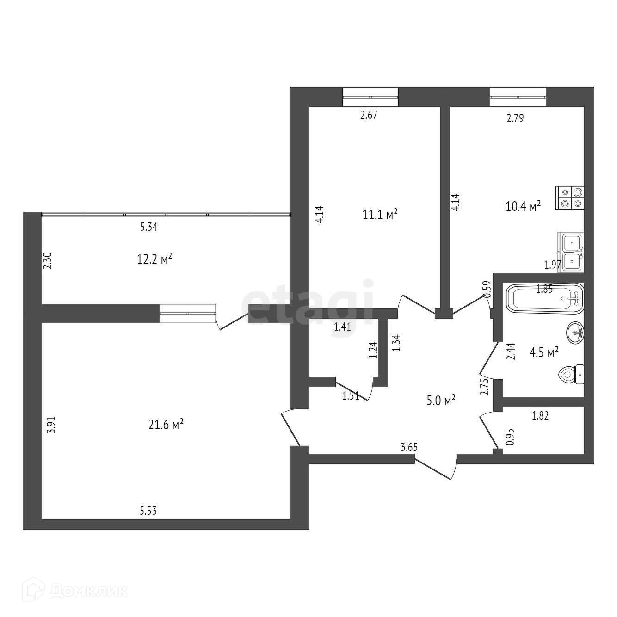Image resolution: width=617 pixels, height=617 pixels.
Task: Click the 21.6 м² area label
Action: (x=166, y=425)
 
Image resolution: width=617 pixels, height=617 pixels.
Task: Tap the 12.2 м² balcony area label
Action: (x=154, y=259)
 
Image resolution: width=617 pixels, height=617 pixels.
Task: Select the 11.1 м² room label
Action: (x=380, y=214)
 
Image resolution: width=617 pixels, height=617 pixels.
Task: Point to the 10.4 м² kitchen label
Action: (x=524, y=206)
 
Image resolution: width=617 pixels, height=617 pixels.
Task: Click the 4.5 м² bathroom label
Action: (x=544, y=352)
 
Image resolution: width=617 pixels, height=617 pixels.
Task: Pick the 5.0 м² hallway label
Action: (x=441, y=400)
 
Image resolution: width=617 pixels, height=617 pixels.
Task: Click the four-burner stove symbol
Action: (x=570, y=198)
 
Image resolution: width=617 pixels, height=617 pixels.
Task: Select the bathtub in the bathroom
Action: (x=545, y=298)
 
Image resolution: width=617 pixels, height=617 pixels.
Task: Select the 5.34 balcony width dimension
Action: (x=149, y=227)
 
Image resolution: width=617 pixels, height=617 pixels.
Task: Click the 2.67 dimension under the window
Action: (x=369, y=115)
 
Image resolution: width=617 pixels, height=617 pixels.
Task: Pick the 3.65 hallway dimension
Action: (x=409, y=447)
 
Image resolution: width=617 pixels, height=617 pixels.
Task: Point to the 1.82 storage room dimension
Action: (x=540, y=416)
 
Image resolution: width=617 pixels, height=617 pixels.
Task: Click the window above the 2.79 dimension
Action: (x=518, y=97)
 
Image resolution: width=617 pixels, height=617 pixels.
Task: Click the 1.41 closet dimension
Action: (x=342, y=327)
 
